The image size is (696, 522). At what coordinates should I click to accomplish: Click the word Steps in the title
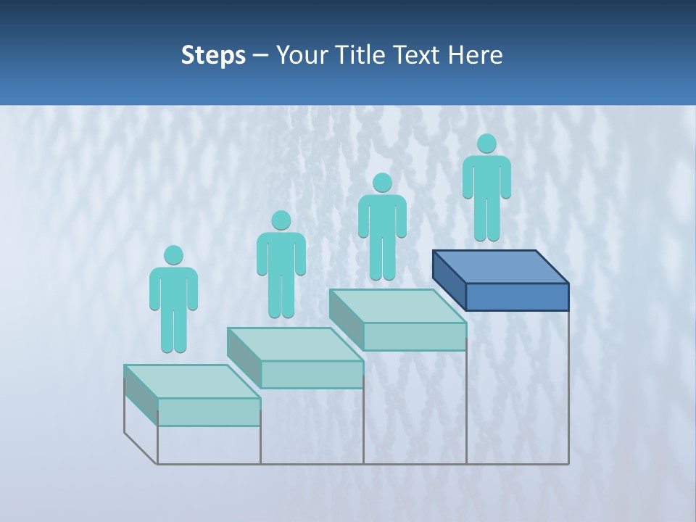[x=213, y=55]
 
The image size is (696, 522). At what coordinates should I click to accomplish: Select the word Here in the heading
[x=476, y=55]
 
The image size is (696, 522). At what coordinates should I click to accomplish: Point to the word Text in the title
[x=417, y=55]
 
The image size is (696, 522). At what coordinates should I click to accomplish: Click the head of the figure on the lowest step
[x=173, y=255]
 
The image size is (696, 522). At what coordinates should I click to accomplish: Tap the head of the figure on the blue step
[x=486, y=144]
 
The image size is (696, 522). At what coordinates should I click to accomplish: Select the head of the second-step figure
[x=281, y=220]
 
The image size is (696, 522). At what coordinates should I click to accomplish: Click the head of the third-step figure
[x=382, y=183]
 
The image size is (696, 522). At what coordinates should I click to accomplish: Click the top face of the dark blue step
[x=500, y=267]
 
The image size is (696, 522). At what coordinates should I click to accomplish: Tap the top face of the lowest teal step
[x=192, y=381]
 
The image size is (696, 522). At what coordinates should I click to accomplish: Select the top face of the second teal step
[x=295, y=344]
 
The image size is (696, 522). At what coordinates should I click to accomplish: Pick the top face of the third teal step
[x=398, y=306]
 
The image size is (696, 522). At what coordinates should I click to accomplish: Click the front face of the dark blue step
[x=517, y=297]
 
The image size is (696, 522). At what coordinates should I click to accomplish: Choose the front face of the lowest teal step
[x=209, y=412]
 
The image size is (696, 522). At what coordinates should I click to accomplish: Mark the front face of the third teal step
[x=415, y=336]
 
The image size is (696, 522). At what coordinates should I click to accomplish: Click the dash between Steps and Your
[x=260, y=56]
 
